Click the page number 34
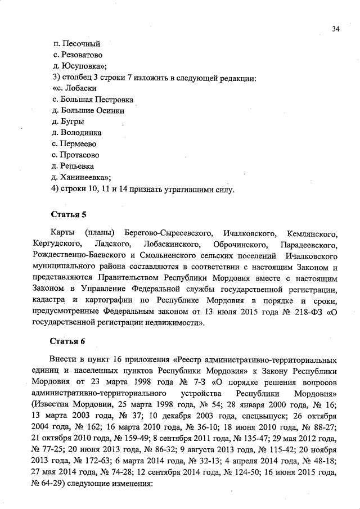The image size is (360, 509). [x=335, y=29]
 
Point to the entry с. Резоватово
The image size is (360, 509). [x=77, y=55]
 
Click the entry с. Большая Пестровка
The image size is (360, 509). [x=92, y=100]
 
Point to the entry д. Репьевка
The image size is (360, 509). [x=73, y=166]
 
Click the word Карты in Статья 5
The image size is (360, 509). [x=62, y=233]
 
